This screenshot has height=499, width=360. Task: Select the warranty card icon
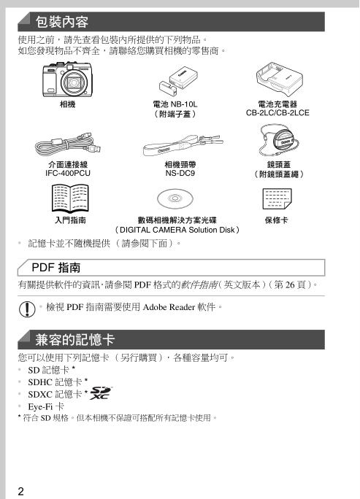[280, 198]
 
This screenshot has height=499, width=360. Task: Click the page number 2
[22, 490]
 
